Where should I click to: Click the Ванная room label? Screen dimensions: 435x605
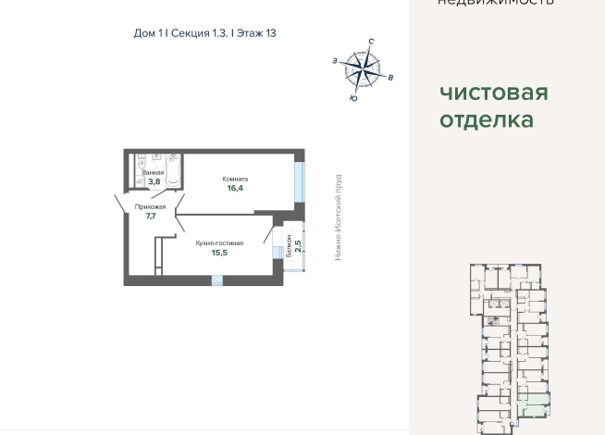pyautogui.click(x=154, y=173)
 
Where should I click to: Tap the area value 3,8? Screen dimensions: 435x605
pyautogui.click(x=154, y=181)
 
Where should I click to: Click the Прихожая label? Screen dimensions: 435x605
pyautogui.click(x=150, y=207)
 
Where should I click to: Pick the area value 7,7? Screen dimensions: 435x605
pyautogui.click(x=150, y=217)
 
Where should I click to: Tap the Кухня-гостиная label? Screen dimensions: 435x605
pyautogui.click(x=219, y=242)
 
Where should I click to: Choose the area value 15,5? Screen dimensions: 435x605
pyautogui.click(x=219, y=252)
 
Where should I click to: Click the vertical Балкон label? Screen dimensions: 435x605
pyautogui.click(x=289, y=245)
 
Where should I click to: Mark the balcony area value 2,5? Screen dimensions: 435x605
pyautogui.click(x=298, y=246)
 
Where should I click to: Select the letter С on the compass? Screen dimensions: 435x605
pyautogui.click(x=371, y=43)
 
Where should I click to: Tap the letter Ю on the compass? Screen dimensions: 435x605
pyautogui.click(x=353, y=96)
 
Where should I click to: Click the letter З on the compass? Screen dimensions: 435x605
pyautogui.click(x=333, y=60)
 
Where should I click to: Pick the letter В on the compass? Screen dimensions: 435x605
pyautogui.click(x=391, y=78)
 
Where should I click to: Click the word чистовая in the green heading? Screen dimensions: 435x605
pyautogui.click(x=493, y=93)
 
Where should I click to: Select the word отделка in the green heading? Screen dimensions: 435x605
pyautogui.click(x=486, y=120)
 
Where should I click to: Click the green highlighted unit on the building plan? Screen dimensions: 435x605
pyautogui.click(x=533, y=402)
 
